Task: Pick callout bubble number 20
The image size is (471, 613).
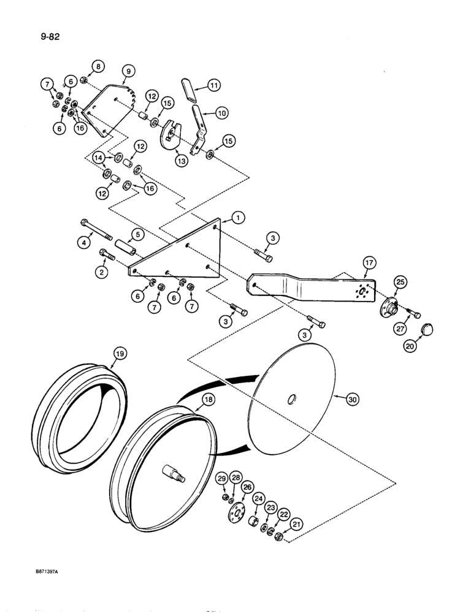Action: [x=408, y=347]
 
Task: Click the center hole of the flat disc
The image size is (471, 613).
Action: [x=292, y=400]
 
